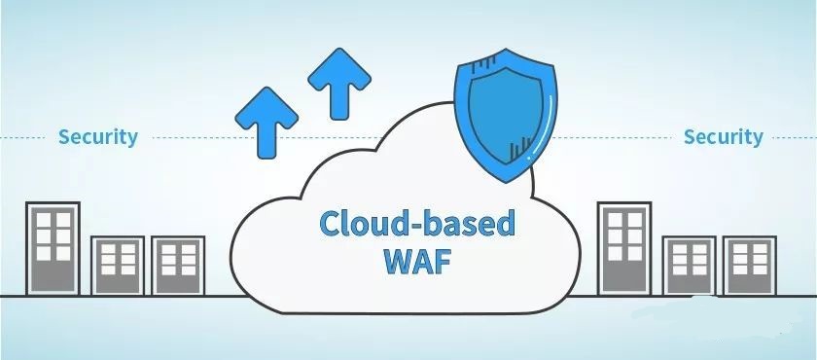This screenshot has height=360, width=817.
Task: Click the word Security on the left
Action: [97, 136]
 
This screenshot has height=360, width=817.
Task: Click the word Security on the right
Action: [723, 136]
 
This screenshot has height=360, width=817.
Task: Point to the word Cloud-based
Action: [417, 224]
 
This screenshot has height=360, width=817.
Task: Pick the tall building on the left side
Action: [53, 248]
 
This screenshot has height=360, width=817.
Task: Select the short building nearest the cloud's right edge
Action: [691, 265]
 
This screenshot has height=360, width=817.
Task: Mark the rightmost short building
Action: [752, 265]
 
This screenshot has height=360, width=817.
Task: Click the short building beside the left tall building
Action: [119, 265]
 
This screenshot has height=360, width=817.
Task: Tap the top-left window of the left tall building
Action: [44, 220]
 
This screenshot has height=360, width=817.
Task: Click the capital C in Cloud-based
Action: [333, 224]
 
